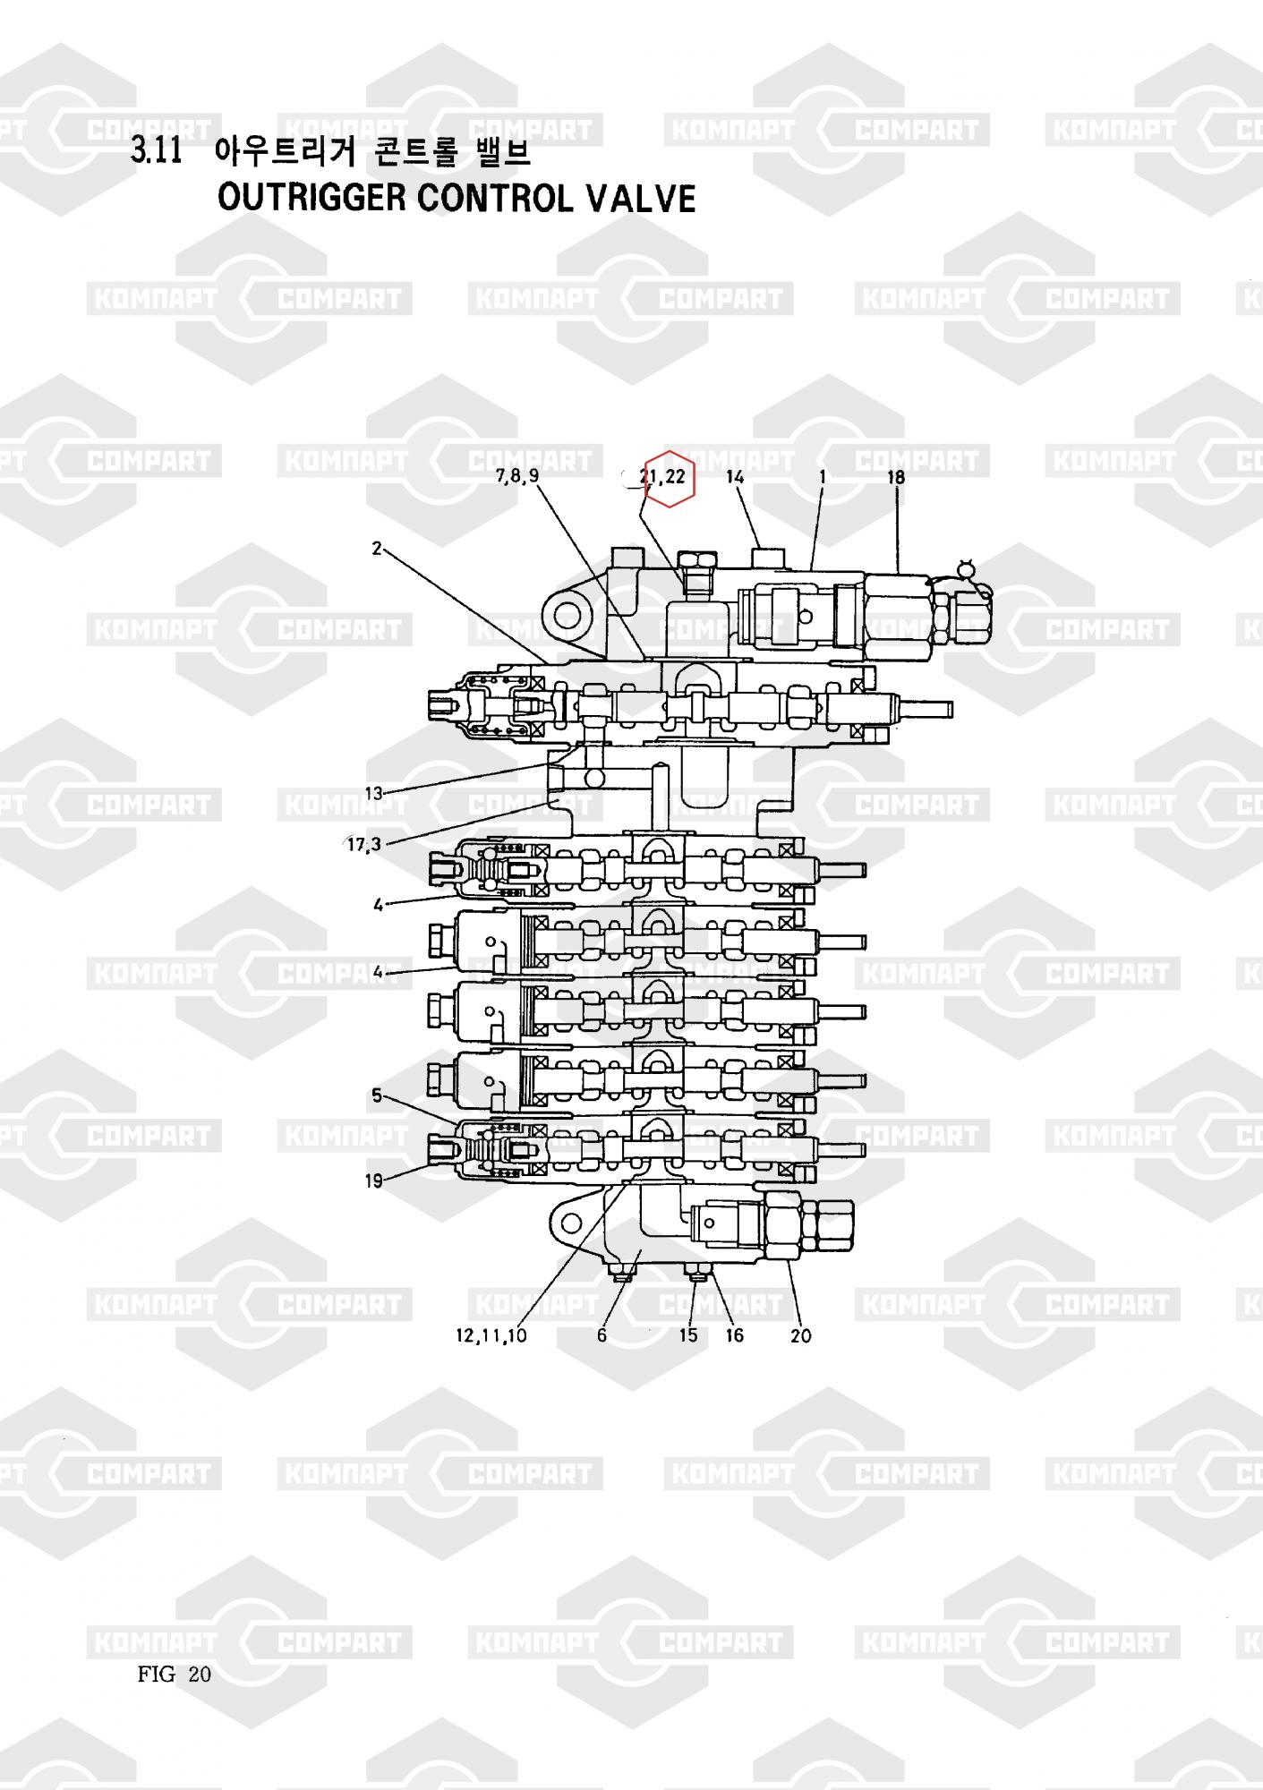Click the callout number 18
[x=896, y=477]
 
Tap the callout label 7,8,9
[x=517, y=476]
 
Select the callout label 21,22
[x=662, y=476]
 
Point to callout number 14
[x=735, y=477]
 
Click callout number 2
[x=378, y=548]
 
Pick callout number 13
[x=373, y=793]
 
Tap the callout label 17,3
[x=364, y=844]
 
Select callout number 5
[x=377, y=1095]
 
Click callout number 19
[x=373, y=1181]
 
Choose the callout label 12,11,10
[x=491, y=1336]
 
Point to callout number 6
[x=602, y=1335]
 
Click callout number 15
[x=688, y=1335]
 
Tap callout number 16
[x=734, y=1335]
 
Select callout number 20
[x=800, y=1336]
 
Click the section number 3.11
[x=157, y=151]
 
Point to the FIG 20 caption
[x=175, y=1675]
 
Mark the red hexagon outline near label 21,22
[x=670, y=478]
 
